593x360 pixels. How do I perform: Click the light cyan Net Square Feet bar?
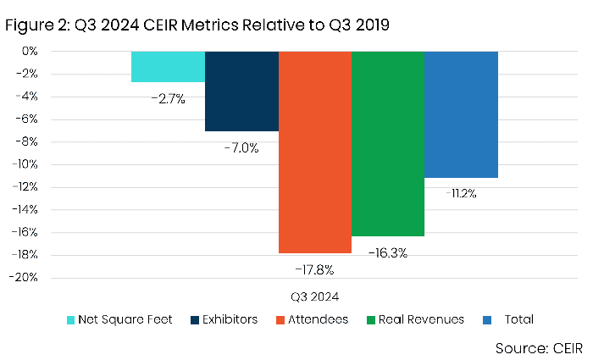(168, 67)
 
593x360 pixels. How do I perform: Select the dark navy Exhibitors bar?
(241, 91)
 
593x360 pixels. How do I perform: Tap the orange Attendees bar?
(314, 152)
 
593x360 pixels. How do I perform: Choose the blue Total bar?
(461, 114)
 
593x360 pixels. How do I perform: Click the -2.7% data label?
(168, 99)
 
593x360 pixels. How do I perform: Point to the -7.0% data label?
(241, 147)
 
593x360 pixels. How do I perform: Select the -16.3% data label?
(387, 252)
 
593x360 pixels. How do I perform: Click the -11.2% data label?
(461, 194)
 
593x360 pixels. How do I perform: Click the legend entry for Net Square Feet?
(119, 319)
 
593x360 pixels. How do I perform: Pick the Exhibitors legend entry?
(223, 319)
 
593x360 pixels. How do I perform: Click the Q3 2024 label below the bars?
(314, 296)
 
